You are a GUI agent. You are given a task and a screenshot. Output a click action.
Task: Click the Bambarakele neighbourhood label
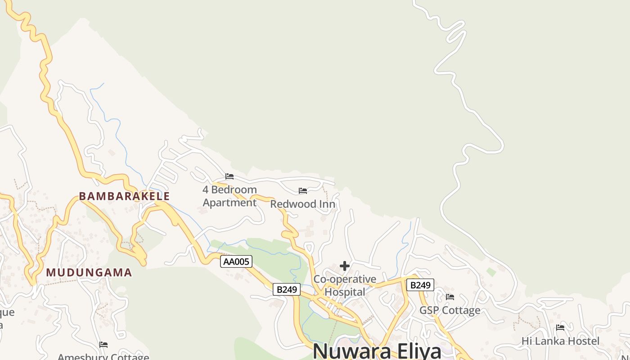[124, 196]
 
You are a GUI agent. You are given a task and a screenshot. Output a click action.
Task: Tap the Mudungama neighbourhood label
[89, 272]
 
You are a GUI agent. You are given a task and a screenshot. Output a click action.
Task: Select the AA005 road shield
[236, 261]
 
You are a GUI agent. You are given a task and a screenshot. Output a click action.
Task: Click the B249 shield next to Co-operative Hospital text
[287, 289]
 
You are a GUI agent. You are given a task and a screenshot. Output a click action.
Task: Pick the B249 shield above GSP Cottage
[420, 285]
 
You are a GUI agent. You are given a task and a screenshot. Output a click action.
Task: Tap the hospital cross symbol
[345, 266]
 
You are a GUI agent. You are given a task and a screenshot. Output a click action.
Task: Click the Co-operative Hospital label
[345, 285]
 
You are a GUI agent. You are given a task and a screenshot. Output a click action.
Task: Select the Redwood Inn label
[302, 204]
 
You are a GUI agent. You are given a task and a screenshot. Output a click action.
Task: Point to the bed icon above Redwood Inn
[303, 191]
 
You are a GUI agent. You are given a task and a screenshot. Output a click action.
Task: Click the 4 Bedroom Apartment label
[229, 196]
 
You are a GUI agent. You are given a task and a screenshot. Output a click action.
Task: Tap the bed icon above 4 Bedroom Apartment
[229, 176]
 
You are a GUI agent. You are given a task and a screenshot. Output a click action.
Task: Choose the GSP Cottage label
[450, 310]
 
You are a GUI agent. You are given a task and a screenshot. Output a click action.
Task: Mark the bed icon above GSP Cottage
[450, 297]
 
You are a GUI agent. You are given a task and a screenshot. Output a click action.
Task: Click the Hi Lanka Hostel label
[560, 341]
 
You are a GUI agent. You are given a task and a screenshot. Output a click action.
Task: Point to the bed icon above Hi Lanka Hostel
[560, 328]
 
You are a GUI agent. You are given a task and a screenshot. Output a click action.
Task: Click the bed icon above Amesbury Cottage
[103, 345]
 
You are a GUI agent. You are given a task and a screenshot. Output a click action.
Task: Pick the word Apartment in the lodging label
[229, 202]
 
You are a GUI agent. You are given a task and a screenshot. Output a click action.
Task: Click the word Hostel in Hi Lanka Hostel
[583, 341]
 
